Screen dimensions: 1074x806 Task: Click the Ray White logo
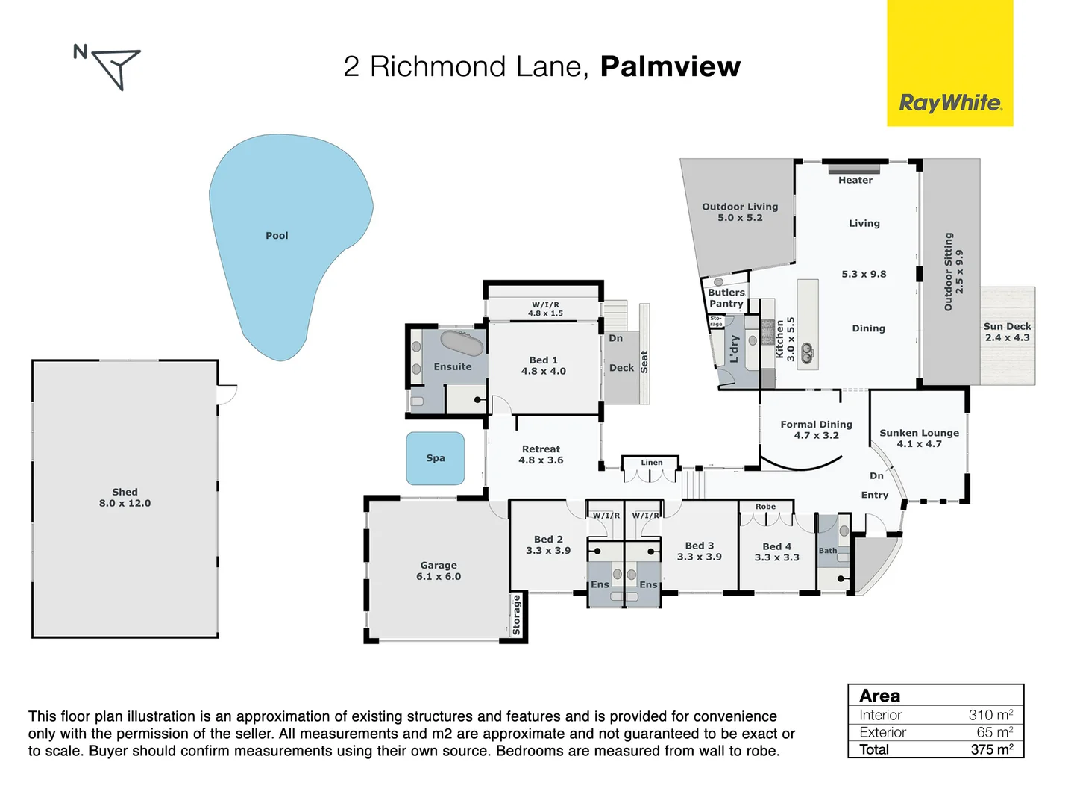[949, 63]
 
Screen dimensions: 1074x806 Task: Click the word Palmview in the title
[671, 66]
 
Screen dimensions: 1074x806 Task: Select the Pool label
[277, 235]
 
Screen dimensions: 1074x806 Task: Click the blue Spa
[435, 458]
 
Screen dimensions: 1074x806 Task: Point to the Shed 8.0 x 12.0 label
[125, 497]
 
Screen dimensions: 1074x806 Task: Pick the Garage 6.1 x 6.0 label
[439, 571]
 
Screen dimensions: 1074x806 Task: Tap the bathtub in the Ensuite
[462, 343]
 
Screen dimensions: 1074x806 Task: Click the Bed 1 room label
[543, 366]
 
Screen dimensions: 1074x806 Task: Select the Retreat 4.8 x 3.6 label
[541, 454]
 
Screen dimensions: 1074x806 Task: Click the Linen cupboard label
[652, 463]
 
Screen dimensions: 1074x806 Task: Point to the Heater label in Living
[855, 180]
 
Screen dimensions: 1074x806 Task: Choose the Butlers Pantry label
[726, 298]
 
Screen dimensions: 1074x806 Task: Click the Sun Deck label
[1008, 332]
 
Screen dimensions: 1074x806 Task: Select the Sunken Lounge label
[919, 438]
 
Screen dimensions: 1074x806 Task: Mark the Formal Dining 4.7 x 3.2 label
[816, 430]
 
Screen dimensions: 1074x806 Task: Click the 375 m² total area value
[992, 749]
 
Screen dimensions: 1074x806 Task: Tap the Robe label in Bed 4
[765, 507]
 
